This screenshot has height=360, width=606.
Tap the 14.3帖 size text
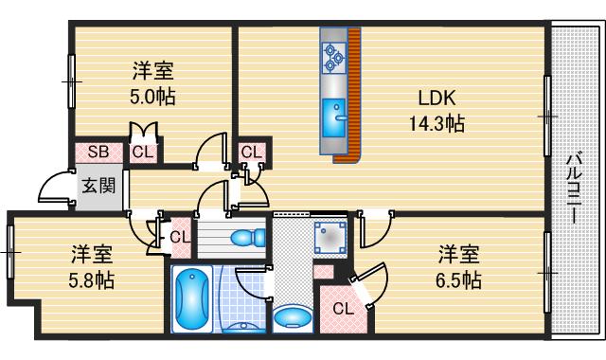coord(438,122)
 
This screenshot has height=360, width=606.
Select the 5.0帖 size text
coord(153,96)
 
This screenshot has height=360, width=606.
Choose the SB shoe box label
coord(97,151)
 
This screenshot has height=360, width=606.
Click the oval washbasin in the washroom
coord(290,316)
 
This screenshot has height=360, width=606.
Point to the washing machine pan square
coord(331,236)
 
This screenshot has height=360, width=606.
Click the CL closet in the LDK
coord(251,152)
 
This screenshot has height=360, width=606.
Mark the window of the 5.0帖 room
coord(71,81)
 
